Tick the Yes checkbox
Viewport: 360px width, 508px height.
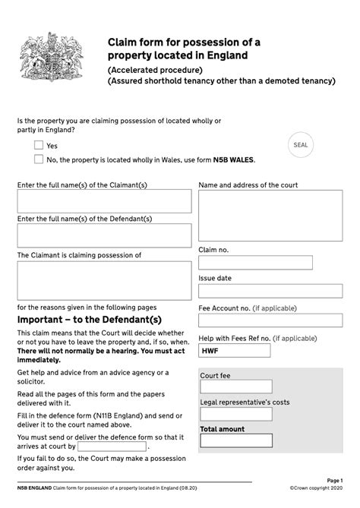click(x=39, y=144)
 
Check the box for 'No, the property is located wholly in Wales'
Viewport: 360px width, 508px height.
click(x=39, y=159)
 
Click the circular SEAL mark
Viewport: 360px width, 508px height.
click(x=301, y=144)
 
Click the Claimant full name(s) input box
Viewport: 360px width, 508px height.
click(x=104, y=201)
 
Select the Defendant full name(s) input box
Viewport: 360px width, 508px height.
click(x=104, y=235)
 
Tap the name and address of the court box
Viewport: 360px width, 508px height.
click(x=270, y=215)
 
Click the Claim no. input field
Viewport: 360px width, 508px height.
click(x=255, y=263)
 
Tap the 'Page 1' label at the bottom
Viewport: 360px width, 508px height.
click(x=335, y=481)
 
